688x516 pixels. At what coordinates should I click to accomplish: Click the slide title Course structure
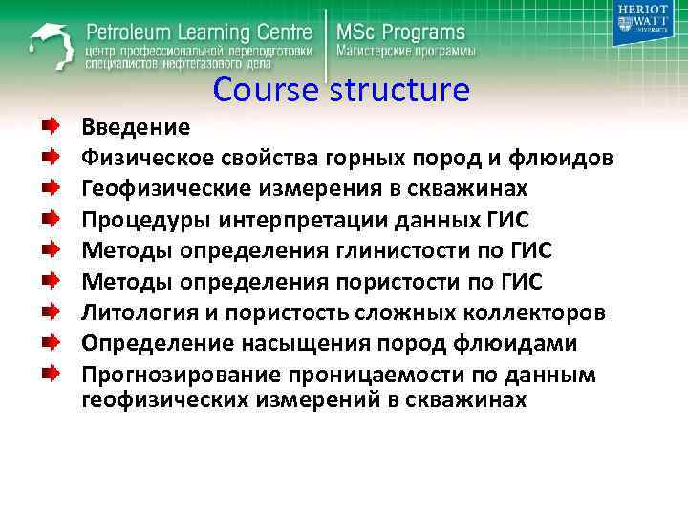tap(341, 90)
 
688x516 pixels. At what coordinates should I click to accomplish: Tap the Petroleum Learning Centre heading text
tap(202, 30)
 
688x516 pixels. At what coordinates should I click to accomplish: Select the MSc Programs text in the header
tap(400, 31)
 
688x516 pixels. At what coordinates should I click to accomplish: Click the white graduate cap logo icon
tap(49, 44)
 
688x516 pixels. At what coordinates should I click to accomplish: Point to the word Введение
tap(136, 125)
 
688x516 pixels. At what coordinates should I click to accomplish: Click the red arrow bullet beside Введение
tap(49, 125)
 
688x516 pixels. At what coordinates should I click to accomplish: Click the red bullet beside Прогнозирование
tap(49, 375)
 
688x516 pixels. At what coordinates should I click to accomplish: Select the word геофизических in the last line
tap(164, 398)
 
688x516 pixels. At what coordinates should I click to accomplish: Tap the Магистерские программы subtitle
tap(404, 51)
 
